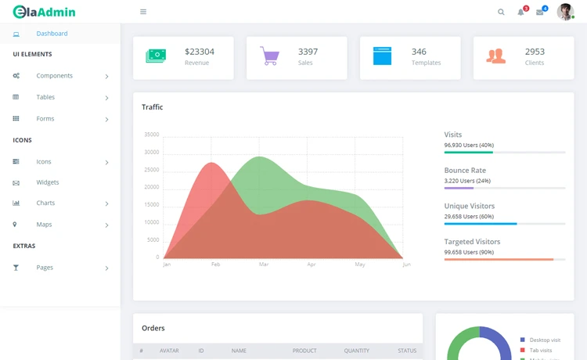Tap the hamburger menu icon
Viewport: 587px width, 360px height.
(x=143, y=12)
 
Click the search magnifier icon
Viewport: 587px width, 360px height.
(x=502, y=12)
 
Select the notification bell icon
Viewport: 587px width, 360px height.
(x=521, y=12)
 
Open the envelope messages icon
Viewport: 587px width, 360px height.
(x=540, y=12)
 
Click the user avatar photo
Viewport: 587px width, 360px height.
(x=565, y=12)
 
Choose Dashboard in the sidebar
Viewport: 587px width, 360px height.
(x=52, y=34)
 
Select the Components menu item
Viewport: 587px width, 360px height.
(x=54, y=76)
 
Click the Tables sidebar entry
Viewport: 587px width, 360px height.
(x=45, y=97)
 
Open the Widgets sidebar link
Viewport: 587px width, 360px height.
(x=47, y=182)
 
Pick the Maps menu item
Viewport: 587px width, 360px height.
(x=44, y=225)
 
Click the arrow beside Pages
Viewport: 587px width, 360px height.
(x=106, y=268)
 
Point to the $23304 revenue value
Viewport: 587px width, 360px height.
(x=200, y=52)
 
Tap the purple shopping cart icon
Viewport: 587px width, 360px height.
(x=269, y=56)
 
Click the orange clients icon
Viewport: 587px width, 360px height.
(x=495, y=56)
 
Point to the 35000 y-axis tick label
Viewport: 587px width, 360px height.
(x=152, y=135)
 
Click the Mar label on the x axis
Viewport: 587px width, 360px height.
(x=264, y=265)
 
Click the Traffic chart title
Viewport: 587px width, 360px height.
(x=153, y=107)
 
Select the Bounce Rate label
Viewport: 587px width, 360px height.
(x=465, y=171)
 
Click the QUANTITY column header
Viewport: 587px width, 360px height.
(x=356, y=351)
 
